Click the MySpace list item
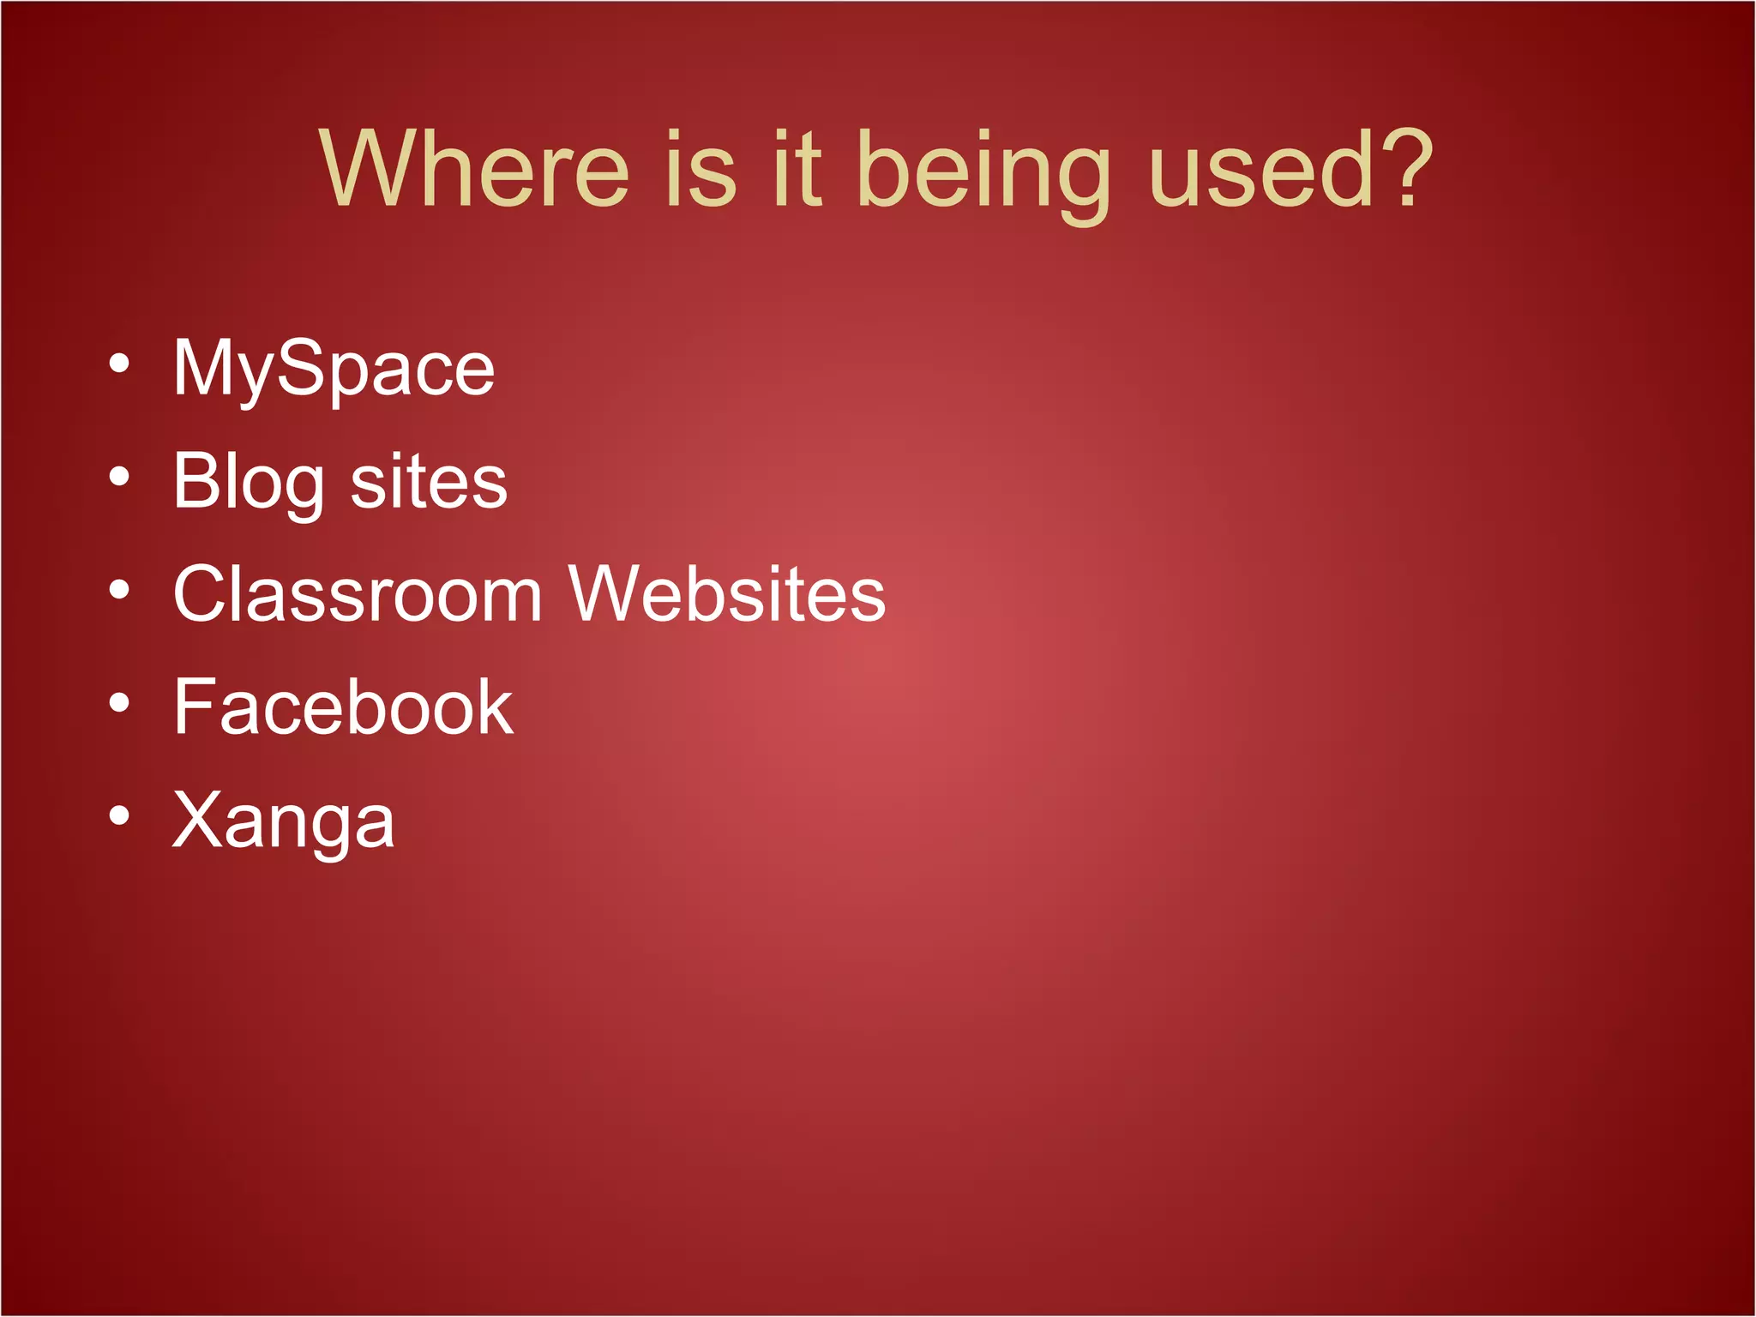click(334, 370)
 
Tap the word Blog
click(249, 483)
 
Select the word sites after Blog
click(429, 483)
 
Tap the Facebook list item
click(343, 707)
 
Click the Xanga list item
click(284, 821)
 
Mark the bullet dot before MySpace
click(120, 364)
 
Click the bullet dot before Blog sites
click(120, 477)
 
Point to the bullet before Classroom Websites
click(120, 590)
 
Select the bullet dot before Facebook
click(120, 703)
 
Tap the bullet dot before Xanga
click(120, 816)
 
